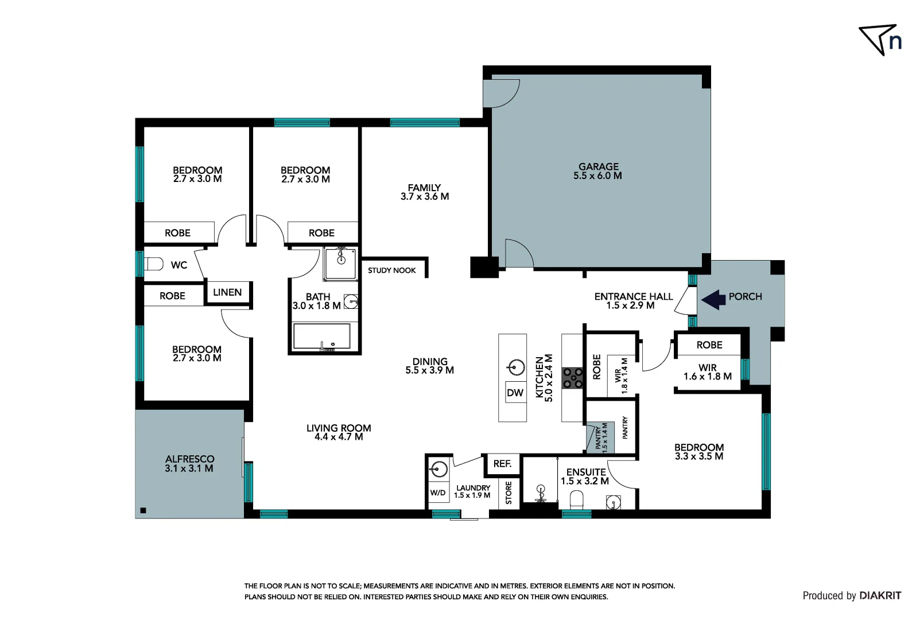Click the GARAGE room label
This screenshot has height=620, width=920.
[x=598, y=166]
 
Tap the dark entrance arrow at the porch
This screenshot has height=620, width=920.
[x=713, y=300]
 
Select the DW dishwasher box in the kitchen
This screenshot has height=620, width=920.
[x=515, y=393]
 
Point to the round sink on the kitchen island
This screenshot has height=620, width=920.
[x=516, y=367]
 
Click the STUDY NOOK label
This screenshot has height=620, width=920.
[x=391, y=270]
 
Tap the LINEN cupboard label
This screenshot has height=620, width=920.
[x=227, y=292]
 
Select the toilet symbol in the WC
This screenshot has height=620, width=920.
[x=154, y=264]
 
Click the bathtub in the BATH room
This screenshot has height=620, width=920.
[x=321, y=337]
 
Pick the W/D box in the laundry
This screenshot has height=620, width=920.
[x=438, y=493]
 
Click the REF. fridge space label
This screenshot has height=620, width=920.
[x=502, y=464]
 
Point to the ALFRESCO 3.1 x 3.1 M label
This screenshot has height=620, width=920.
[x=189, y=464]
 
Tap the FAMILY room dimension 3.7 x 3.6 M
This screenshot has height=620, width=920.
[x=425, y=197]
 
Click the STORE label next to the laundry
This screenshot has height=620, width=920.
[x=508, y=493]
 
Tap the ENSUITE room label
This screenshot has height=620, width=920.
[x=586, y=472]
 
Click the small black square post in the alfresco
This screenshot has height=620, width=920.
[x=143, y=510]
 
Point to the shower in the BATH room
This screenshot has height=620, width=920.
[x=340, y=263]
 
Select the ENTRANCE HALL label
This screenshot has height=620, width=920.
[x=633, y=296]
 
